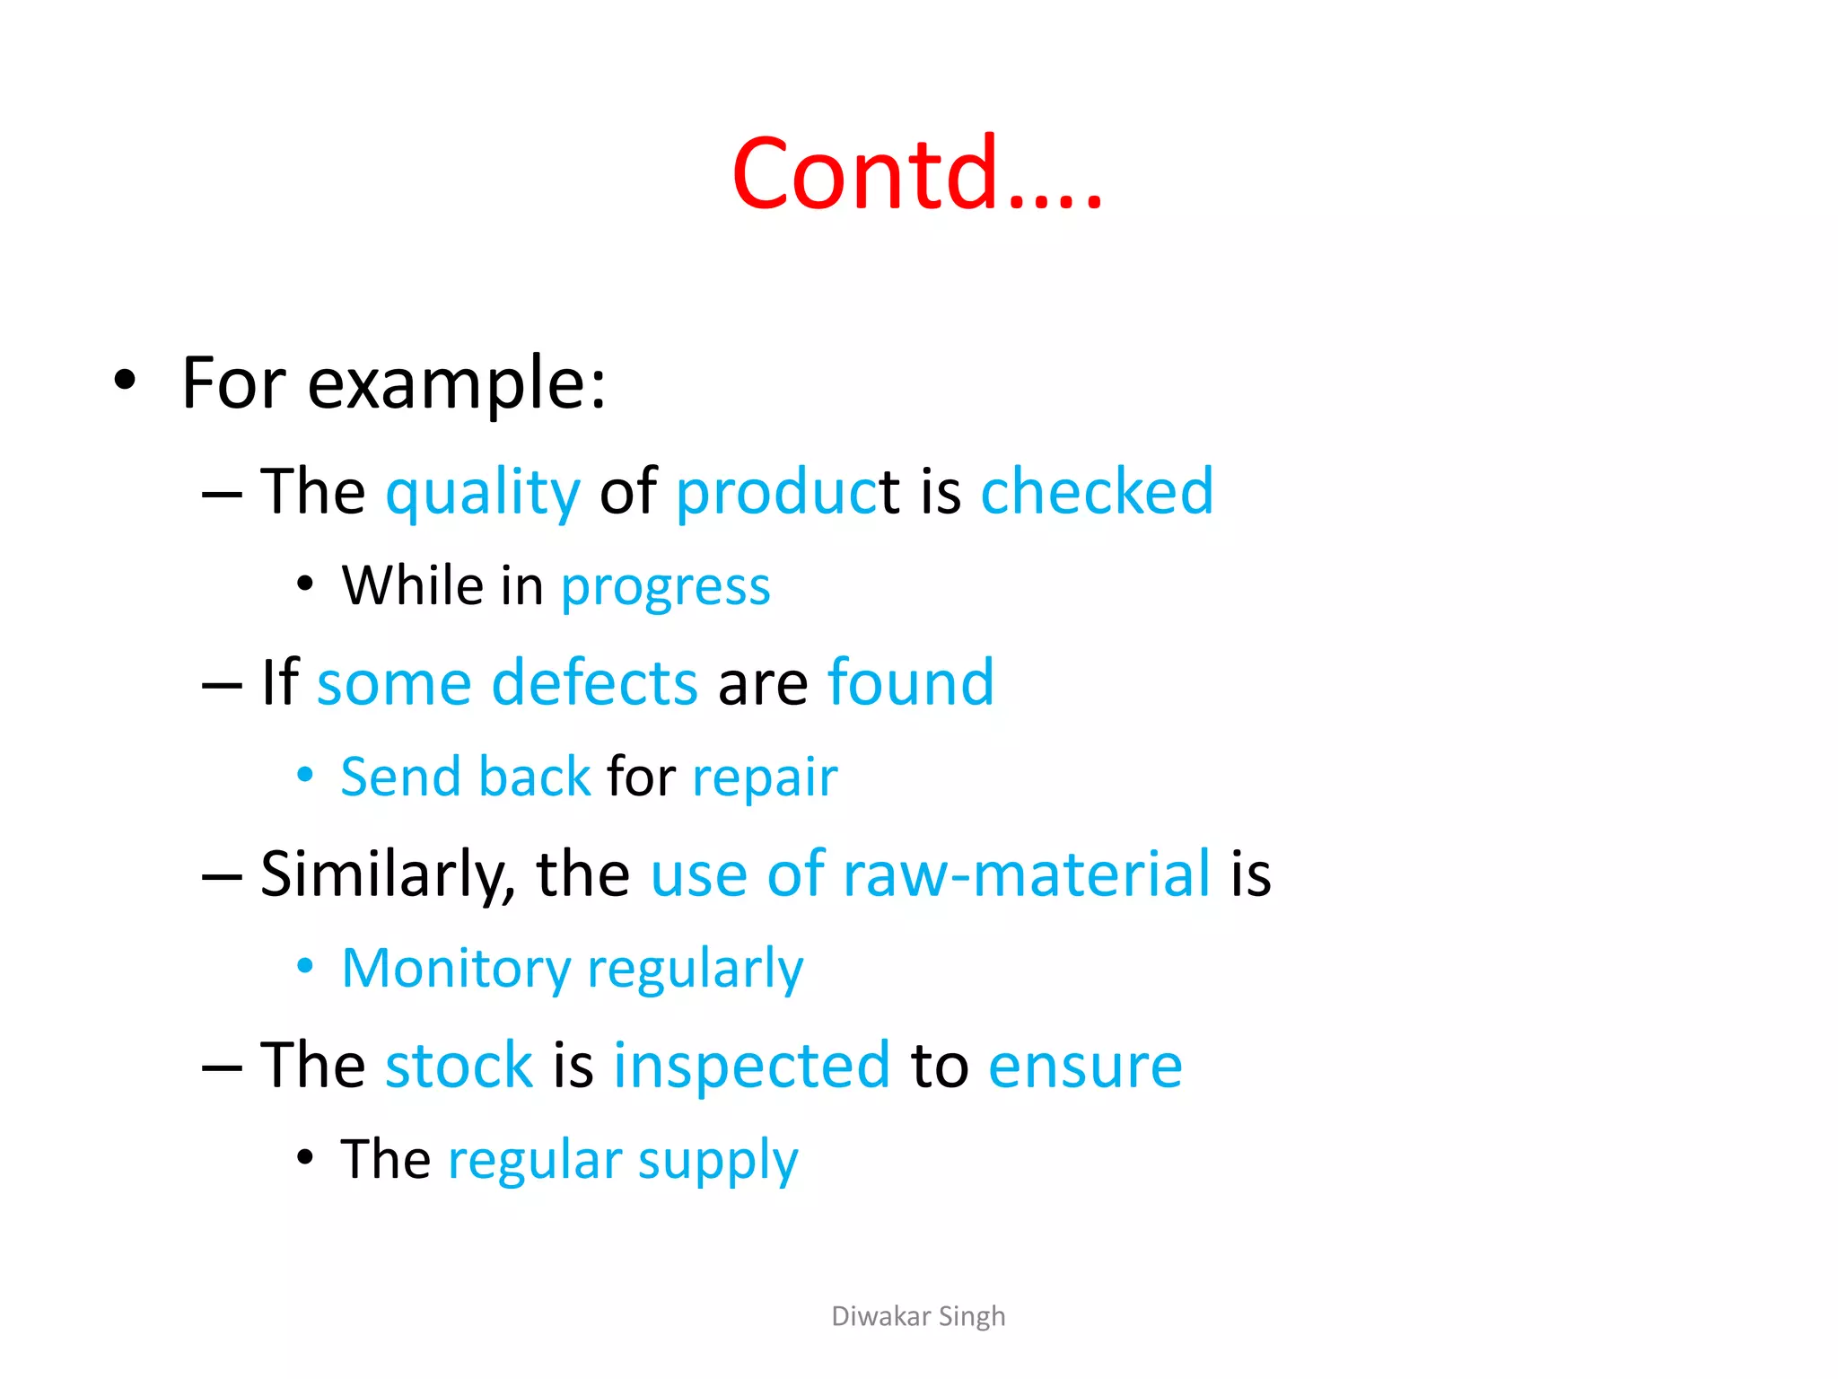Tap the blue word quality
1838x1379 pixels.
(483, 493)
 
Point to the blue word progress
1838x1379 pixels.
(665, 588)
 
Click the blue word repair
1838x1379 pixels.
(765, 778)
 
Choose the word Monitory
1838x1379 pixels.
(456, 970)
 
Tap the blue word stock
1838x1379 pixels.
(459, 1066)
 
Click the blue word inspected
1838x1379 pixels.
(751, 1066)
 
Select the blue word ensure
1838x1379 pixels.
(1084, 1066)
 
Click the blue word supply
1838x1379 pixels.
(717, 1162)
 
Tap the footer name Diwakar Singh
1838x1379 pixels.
(917, 1316)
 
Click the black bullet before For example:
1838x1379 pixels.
(125, 380)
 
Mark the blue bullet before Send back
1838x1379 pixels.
(305, 774)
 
